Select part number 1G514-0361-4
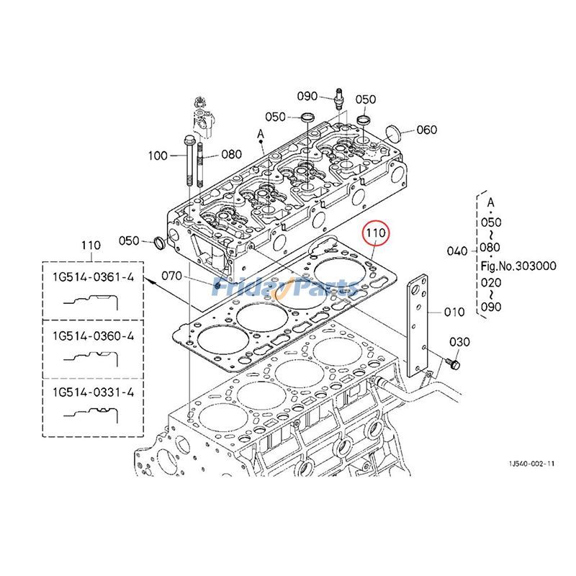coord(93,277)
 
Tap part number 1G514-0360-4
coord(93,336)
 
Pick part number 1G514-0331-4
coord(93,392)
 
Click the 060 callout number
coord(446,130)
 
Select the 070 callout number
coord(171,276)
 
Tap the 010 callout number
coord(454,312)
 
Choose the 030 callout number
coord(459,341)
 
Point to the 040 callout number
coord(456,251)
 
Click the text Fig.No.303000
coord(518,266)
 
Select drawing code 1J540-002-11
coord(530,464)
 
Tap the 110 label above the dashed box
coord(91,246)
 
